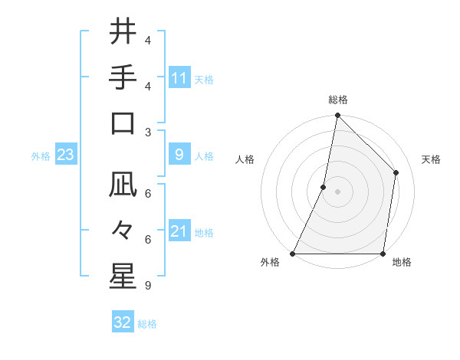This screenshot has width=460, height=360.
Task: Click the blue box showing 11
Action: [x=179, y=77]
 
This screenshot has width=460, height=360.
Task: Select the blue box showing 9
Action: [x=179, y=155]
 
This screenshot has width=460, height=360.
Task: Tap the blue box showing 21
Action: [x=179, y=231]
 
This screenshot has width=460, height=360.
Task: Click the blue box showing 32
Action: [x=123, y=322]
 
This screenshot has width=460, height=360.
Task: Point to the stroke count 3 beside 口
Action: [x=148, y=132]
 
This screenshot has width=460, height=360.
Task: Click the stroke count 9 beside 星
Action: [x=148, y=286]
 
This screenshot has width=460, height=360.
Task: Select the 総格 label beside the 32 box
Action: [x=147, y=324]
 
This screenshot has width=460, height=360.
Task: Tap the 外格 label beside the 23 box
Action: [x=41, y=156]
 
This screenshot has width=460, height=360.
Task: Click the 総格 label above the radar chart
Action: [x=338, y=100]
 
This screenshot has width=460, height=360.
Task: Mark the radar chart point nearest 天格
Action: [x=396, y=172]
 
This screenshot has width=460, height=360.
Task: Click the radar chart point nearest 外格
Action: [x=293, y=253]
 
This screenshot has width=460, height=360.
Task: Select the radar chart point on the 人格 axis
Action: [x=324, y=186]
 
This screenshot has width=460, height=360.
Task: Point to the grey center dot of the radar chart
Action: [x=338, y=191]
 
